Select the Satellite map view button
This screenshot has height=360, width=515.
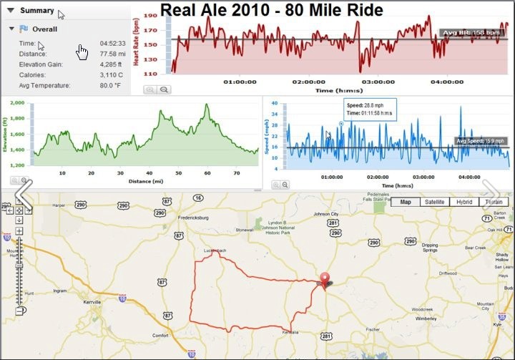point(434,202)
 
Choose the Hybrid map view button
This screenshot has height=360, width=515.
point(464,202)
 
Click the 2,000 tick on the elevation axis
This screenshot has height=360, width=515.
point(16,103)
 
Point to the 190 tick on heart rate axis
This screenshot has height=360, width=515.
point(149,15)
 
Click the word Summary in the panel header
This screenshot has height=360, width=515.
point(36,11)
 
